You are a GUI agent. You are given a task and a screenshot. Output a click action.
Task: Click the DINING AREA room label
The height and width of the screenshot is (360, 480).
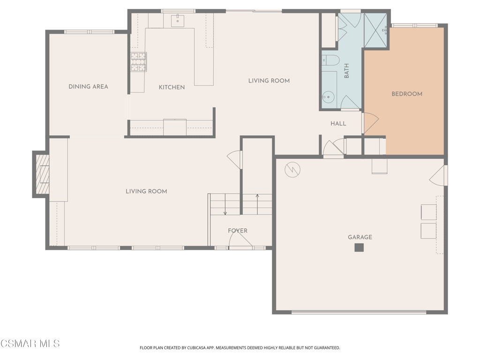88,87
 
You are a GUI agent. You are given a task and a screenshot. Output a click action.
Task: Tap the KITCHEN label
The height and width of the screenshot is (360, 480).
172,87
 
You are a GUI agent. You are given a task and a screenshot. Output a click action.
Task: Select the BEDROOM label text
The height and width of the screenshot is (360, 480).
407,94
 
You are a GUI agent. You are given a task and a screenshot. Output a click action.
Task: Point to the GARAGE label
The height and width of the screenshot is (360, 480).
360,237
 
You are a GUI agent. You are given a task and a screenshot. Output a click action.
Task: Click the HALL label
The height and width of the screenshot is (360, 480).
338,124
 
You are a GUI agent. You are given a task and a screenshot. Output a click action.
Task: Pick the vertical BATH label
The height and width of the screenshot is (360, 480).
346,71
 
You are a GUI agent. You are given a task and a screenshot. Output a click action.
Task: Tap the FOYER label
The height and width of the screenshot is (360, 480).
238,231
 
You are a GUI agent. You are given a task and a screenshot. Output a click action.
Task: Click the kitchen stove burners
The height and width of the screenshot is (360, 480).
139,62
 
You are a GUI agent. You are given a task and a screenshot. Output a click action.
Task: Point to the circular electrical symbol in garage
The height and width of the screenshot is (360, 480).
292,170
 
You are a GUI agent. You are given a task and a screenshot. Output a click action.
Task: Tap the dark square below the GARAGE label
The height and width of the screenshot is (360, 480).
359,247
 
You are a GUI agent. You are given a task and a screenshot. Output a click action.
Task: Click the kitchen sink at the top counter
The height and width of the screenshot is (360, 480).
178,21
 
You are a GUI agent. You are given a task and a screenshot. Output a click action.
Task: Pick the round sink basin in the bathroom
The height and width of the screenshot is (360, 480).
328,97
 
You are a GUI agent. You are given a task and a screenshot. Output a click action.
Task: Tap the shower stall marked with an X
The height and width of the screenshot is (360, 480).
375,30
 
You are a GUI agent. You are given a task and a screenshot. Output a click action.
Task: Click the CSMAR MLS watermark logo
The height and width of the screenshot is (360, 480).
30,344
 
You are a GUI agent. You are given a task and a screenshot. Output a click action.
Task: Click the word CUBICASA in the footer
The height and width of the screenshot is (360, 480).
201,348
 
